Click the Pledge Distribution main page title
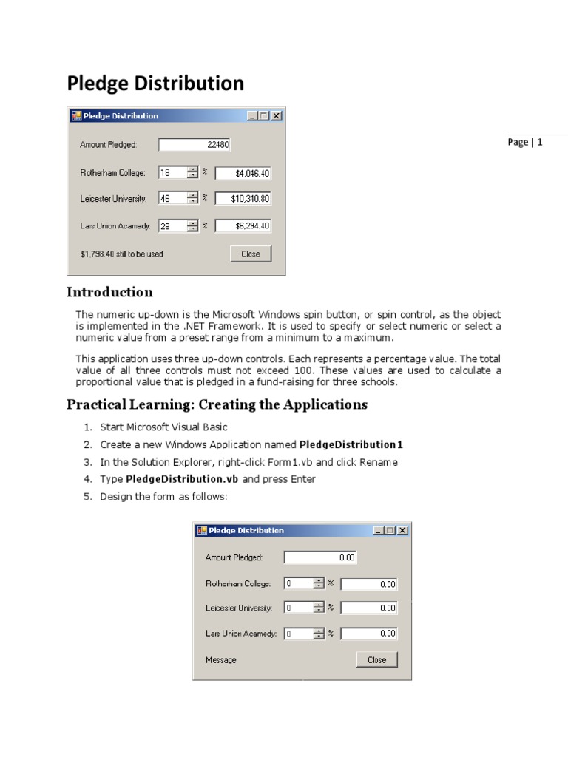click(x=155, y=84)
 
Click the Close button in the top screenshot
click(x=251, y=254)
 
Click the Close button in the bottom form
click(x=376, y=660)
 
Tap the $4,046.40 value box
click(x=243, y=174)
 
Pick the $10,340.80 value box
click(x=243, y=199)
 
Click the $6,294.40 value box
click(x=243, y=226)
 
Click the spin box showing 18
click(x=172, y=173)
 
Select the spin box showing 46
click(x=172, y=199)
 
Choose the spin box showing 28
click(x=172, y=226)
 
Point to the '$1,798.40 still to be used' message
click(x=121, y=254)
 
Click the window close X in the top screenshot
click(x=276, y=116)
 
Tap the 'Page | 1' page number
click(x=525, y=143)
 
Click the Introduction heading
click(x=109, y=292)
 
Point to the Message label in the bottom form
click(x=220, y=660)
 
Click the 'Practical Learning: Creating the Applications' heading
click(x=217, y=404)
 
